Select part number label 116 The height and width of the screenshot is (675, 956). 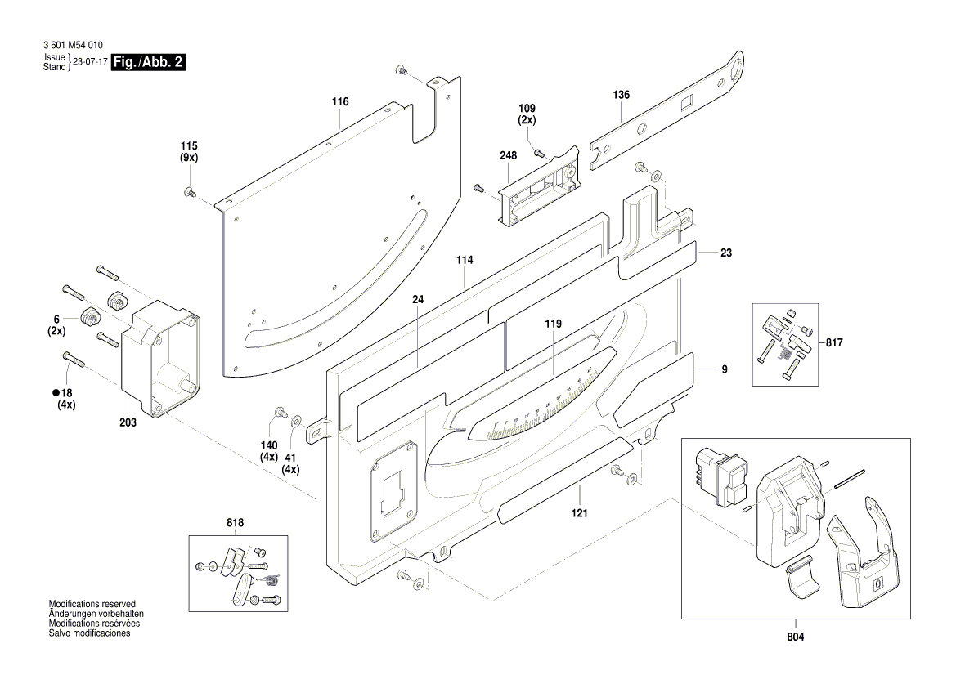pos(340,101)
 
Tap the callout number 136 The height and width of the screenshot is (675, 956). pos(622,95)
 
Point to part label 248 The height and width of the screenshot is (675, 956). pos(509,154)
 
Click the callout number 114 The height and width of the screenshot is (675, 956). pos(465,260)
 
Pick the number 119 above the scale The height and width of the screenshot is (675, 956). pos(554,324)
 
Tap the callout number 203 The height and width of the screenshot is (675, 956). pos(128,422)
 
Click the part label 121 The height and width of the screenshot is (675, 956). pos(580,512)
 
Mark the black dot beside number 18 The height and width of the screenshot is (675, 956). pos(48,393)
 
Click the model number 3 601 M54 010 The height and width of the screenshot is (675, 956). pos(72,46)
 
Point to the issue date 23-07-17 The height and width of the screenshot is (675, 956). pos(90,62)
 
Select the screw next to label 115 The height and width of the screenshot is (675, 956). pos(190,192)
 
